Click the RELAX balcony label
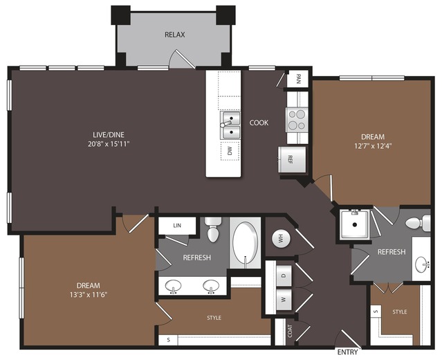point(175,35)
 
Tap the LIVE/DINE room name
point(109,134)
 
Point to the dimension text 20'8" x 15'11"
point(109,144)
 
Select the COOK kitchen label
point(259,123)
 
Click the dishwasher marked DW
point(230,151)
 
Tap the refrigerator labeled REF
point(292,159)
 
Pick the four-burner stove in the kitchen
point(297,120)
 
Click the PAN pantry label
point(298,79)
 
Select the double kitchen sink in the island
point(230,125)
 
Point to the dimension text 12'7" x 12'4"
point(373,146)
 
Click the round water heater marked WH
point(281,239)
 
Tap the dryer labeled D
point(284,276)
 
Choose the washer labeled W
point(284,300)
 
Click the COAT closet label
point(290,331)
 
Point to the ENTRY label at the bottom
point(347,352)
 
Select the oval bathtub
point(246,243)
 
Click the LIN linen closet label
point(177,226)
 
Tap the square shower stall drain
point(355,224)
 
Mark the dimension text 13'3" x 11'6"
point(89,295)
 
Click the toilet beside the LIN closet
point(213,229)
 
